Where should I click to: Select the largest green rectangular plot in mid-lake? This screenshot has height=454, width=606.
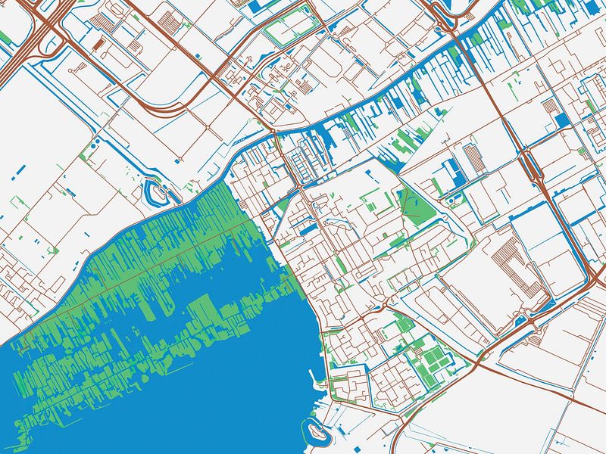pos(201,311)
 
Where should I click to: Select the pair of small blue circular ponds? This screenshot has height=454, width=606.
pos(454,200)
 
